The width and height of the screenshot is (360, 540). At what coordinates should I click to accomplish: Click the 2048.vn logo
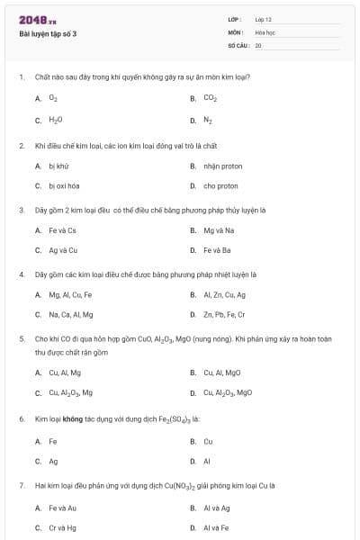[38, 19]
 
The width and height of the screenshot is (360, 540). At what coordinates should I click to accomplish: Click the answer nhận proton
[222, 166]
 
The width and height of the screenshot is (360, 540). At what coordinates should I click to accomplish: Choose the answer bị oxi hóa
[65, 186]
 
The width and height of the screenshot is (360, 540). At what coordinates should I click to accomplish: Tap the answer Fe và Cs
[63, 230]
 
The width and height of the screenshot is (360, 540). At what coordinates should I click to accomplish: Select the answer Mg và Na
[219, 230]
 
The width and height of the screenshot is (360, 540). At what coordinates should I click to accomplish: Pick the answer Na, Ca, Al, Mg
[71, 314]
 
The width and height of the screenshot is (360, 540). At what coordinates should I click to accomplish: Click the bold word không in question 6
[73, 419]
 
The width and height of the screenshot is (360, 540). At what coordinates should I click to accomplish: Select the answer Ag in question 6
[53, 461]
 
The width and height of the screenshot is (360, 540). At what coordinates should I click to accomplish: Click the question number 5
[21, 339]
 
